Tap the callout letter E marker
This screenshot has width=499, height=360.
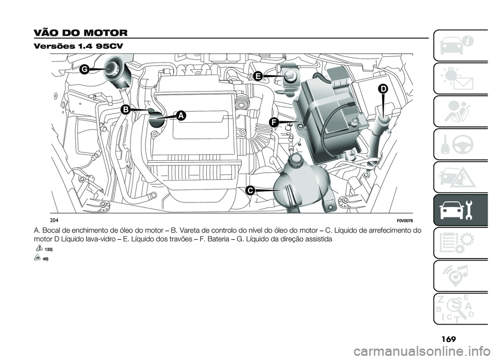(x=257, y=76)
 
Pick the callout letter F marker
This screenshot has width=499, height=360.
(x=273, y=122)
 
